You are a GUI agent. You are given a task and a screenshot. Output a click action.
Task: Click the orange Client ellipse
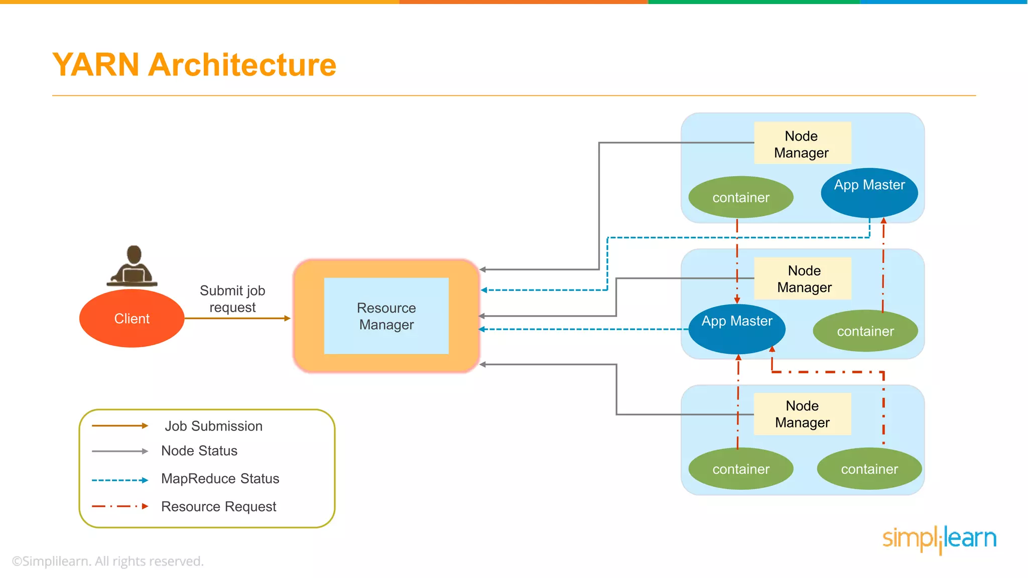point(132,318)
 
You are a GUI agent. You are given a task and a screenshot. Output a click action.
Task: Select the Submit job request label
point(232,299)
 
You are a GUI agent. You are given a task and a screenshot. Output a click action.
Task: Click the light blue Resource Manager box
point(386,316)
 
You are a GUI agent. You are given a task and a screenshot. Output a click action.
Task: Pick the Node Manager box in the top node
point(802,143)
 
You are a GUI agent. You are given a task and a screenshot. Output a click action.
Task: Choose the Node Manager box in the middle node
point(804,278)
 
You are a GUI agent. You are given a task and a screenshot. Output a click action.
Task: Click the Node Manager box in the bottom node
point(802,414)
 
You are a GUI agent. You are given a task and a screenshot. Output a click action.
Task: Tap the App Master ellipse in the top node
point(869,192)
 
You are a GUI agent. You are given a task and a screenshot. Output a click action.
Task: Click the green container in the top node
point(740,197)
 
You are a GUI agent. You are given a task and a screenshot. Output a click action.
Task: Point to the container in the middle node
point(865,331)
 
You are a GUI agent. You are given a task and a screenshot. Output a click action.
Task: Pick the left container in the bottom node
point(740,469)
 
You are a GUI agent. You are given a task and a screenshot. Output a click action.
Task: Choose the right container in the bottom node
point(869,469)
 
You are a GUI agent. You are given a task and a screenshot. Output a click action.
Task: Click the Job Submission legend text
point(213,426)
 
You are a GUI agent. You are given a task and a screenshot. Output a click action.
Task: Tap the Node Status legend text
point(199,451)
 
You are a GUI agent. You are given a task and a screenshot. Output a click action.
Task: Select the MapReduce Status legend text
point(220,479)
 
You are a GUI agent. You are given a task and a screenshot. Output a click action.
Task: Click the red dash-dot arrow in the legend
point(120,506)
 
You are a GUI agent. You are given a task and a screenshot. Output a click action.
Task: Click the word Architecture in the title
point(242,65)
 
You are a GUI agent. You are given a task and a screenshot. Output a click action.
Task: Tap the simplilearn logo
point(939,538)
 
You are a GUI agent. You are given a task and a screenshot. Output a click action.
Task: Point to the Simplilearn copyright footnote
point(107,561)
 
